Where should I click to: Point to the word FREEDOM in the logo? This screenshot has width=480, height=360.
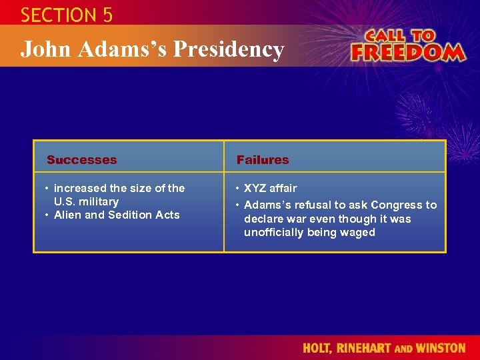point(407,52)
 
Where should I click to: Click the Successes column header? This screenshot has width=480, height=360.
point(81,160)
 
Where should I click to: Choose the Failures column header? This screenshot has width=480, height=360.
point(263,160)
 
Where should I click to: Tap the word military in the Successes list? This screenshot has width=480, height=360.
point(98,201)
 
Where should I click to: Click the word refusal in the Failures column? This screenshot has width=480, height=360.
point(313,205)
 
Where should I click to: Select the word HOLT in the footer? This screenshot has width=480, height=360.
point(318,348)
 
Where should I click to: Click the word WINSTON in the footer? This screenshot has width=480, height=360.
point(441,348)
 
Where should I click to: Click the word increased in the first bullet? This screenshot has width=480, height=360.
point(79,188)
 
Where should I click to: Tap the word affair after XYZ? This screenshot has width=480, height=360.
point(284,188)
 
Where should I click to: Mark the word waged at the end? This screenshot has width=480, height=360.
point(359,232)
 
